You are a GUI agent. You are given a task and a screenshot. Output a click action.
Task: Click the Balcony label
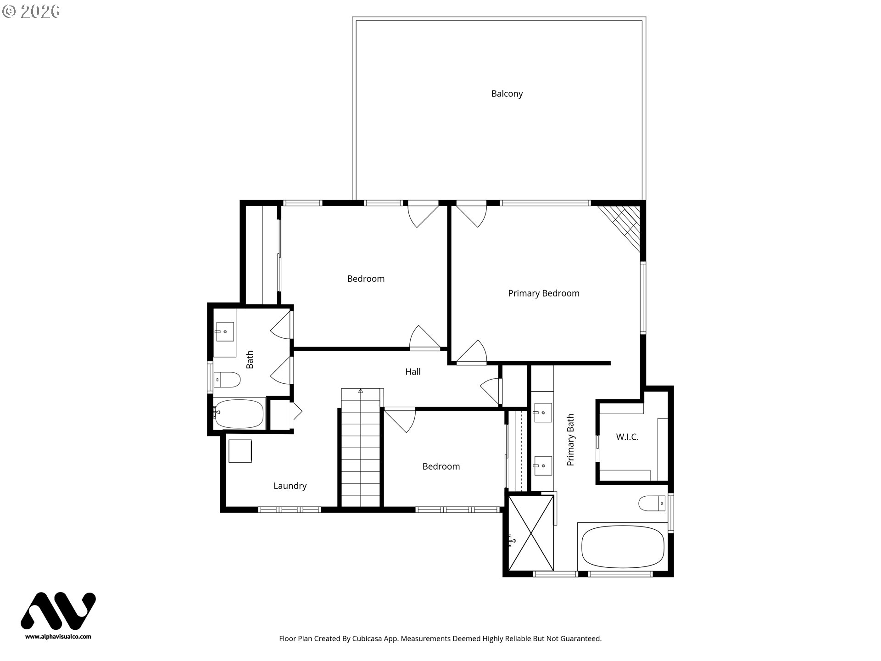(x=507, y=94)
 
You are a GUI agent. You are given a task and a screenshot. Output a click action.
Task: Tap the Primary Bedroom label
(x=543, y=293)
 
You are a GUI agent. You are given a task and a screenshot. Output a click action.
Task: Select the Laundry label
(x=290, y=486)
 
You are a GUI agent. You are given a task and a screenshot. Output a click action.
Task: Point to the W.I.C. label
(x=627, y=437)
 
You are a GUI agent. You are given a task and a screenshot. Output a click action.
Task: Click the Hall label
(x=413, y=372)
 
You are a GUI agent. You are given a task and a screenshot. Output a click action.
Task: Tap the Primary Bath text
(x=570, y=440)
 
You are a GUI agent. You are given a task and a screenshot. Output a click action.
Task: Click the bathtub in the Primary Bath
(x=623, y=547)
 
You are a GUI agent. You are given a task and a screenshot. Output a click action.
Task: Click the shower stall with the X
(x=531, y=532)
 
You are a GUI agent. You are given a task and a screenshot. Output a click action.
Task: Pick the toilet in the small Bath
(x=227, y=380)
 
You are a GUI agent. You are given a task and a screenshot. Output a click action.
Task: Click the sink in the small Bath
(x=224, y=331)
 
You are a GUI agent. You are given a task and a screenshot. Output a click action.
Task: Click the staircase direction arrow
(x=361, y=392)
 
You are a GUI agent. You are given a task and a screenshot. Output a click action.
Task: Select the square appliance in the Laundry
(x=240, y=451)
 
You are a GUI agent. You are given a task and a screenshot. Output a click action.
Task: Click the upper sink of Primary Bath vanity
(x=542, y=412)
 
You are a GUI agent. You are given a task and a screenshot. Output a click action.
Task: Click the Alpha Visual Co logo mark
(x=58, y=611)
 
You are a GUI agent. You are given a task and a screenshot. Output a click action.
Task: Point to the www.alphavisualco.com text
(x=58, y=637)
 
